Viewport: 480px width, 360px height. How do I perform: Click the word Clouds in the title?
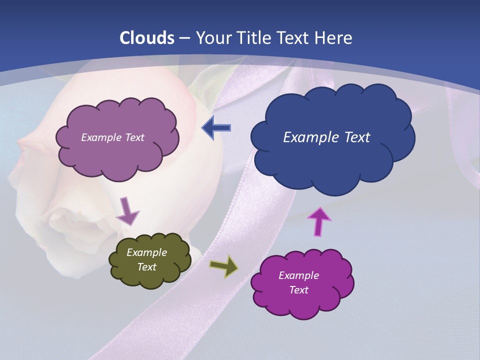(147, 38)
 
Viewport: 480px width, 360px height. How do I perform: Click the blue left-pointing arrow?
(216, 128)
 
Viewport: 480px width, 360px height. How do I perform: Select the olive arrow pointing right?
(224, 266)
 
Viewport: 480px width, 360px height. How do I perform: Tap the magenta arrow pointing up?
(318, 221)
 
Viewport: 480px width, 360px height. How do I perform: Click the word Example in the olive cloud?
(146, 253)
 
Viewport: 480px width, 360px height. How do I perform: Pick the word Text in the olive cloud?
(146, 267)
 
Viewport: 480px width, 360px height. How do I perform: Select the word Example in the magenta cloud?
(298, 275)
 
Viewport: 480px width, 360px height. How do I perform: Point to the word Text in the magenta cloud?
(298, 290)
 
